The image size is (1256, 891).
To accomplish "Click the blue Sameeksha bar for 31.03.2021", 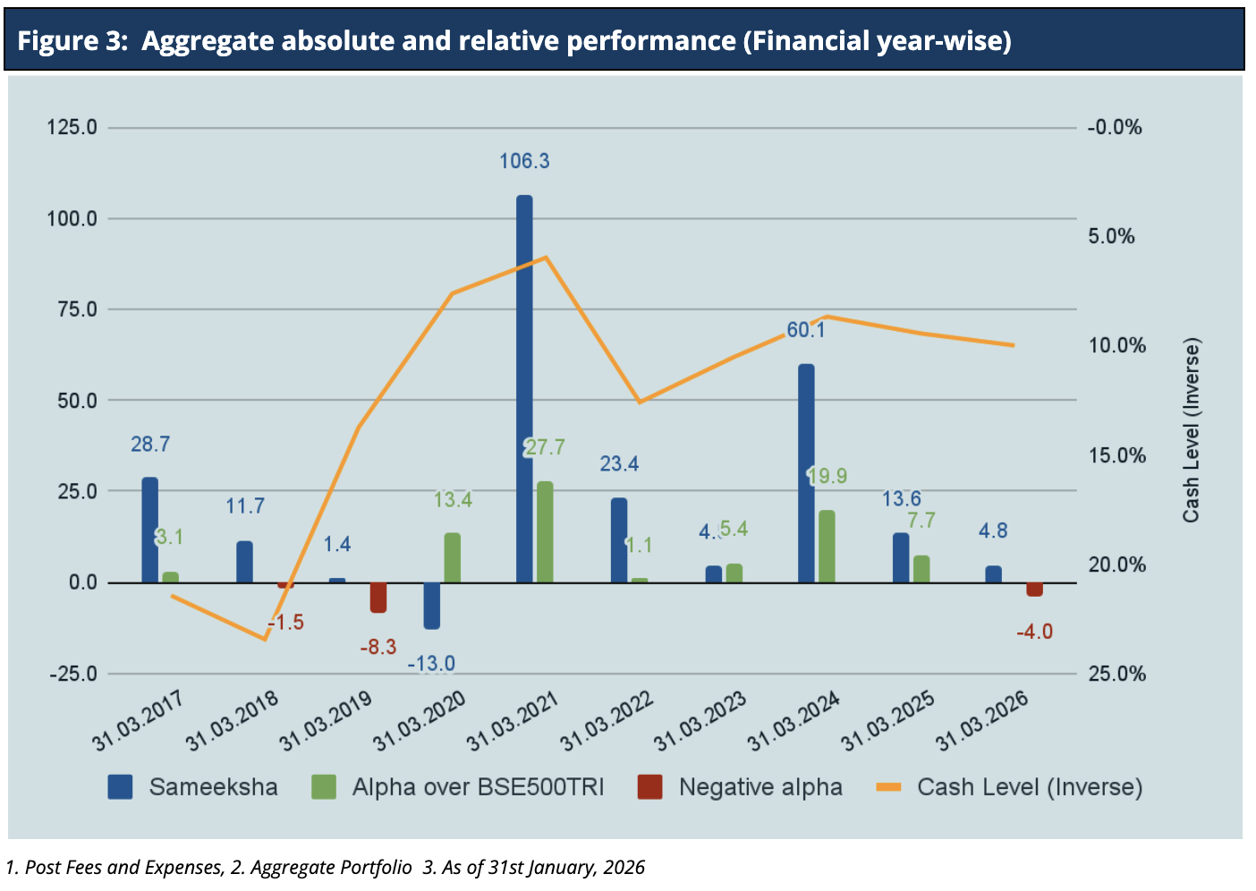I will click(x=524, y=389).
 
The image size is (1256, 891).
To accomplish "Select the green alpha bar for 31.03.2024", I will click(x=827, y=547).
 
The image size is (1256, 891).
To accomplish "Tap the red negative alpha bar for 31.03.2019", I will click(x=378, y=597).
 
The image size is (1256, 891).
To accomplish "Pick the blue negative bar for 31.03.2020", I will click(x=431, y=606).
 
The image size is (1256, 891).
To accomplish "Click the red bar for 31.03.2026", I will click(x=1034, y=589).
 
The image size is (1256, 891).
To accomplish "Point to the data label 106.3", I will click(x=524, y=162).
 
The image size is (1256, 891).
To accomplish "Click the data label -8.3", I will click(x=378, y=647).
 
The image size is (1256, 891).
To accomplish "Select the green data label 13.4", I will click(x=453, y=500).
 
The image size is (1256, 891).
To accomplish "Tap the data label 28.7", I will click(x=150, y=445).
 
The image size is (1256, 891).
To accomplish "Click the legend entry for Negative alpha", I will click(x=760, y=787).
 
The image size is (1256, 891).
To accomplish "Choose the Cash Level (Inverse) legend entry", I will click(x=1029, y=787).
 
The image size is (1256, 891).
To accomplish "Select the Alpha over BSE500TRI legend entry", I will click(x=477, y=787).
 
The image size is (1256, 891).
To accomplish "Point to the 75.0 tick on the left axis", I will click(x=78, y=310).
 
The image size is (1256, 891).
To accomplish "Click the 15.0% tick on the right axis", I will click(x=1117, y=455).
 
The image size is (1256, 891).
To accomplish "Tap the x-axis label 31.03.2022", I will click(x=607, y=722).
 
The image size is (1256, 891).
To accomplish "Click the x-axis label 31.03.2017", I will click(x=139, y=720).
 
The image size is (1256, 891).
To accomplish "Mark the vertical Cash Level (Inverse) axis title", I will click(x=1191, y=430).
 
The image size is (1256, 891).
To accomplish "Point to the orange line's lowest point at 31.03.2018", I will click(x=265, y=639).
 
